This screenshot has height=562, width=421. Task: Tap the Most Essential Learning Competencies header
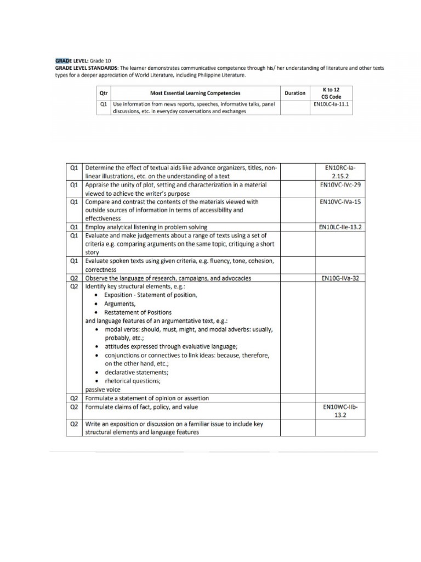[x=195, y=93]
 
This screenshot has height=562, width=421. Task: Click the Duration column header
[x=295, y=93]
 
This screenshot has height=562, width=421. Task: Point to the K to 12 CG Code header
[x=331, y=93]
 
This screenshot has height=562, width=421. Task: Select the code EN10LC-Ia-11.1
[x=331, y=103]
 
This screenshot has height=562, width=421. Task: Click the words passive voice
[x=103, y=390]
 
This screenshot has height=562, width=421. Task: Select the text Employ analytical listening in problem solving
[x=146, y=227]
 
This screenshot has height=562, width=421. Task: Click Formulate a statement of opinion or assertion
[x=146, y=398]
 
